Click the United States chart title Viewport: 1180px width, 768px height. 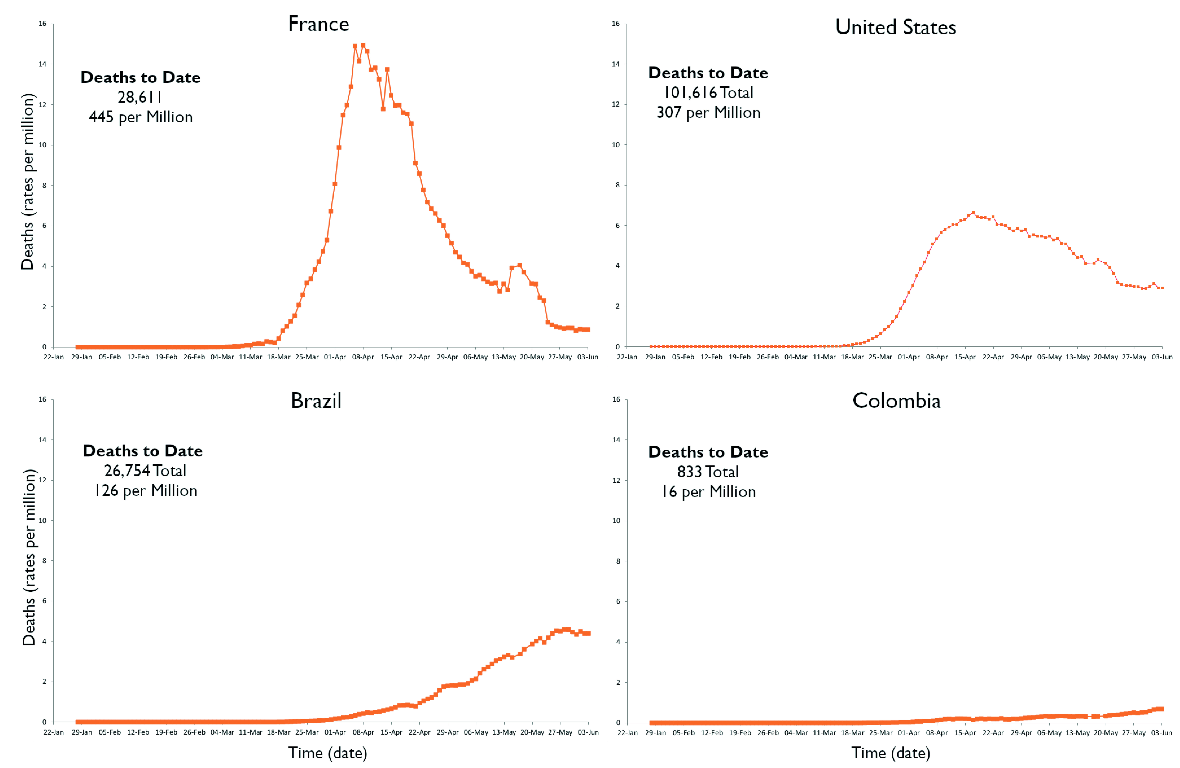pos(895,27)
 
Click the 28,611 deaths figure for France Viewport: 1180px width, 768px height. pos(140,97)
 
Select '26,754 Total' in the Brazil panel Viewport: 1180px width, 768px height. pos(145,470)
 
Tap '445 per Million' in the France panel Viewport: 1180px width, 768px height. pos(140,117)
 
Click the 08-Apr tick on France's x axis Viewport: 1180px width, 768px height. pos(363,357)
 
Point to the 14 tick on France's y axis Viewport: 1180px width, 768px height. pos(43,64)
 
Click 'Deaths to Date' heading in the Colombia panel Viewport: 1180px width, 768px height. pos(708,452)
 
